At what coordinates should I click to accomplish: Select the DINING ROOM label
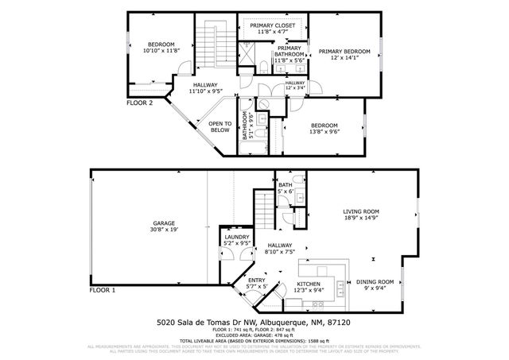[x=374, y=282]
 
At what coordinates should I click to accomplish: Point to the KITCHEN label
[x=309, y=284]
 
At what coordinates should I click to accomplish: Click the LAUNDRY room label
[x=237, y=237]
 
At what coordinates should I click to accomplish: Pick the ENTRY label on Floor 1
[x=257, y=281]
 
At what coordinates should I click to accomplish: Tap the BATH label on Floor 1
[x=285, y=184]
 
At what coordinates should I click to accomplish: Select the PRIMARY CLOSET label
[x=273, y=26]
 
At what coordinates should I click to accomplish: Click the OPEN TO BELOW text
[x=220, y=126]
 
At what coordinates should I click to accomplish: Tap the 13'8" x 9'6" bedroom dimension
[x=324, y=133]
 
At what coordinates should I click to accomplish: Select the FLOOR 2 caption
[x=140, y=103]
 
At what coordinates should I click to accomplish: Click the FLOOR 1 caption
[x=102, y=292]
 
